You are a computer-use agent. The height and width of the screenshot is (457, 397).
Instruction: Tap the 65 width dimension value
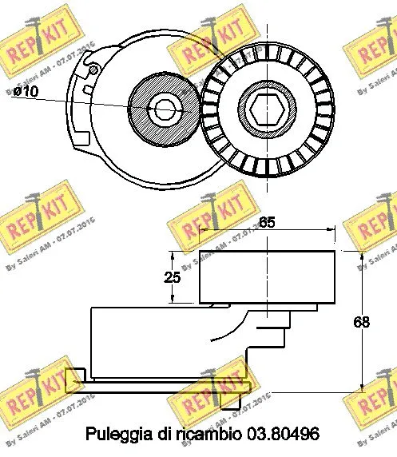click(267, 225)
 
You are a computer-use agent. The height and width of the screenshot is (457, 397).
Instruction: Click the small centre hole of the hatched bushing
click(166, 108)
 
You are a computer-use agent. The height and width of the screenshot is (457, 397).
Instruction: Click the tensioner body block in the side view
click(160, 344)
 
